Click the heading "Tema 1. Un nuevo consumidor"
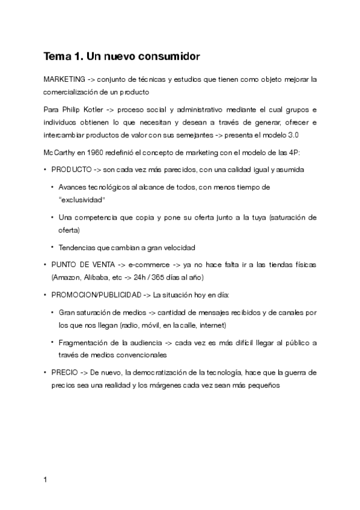click(x=121, y=57)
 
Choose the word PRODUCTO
click(x=72, y=170)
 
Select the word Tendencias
click(x=79, y=247)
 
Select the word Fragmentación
click(x=85, y=343)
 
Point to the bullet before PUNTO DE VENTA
click(x=46, y=265)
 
